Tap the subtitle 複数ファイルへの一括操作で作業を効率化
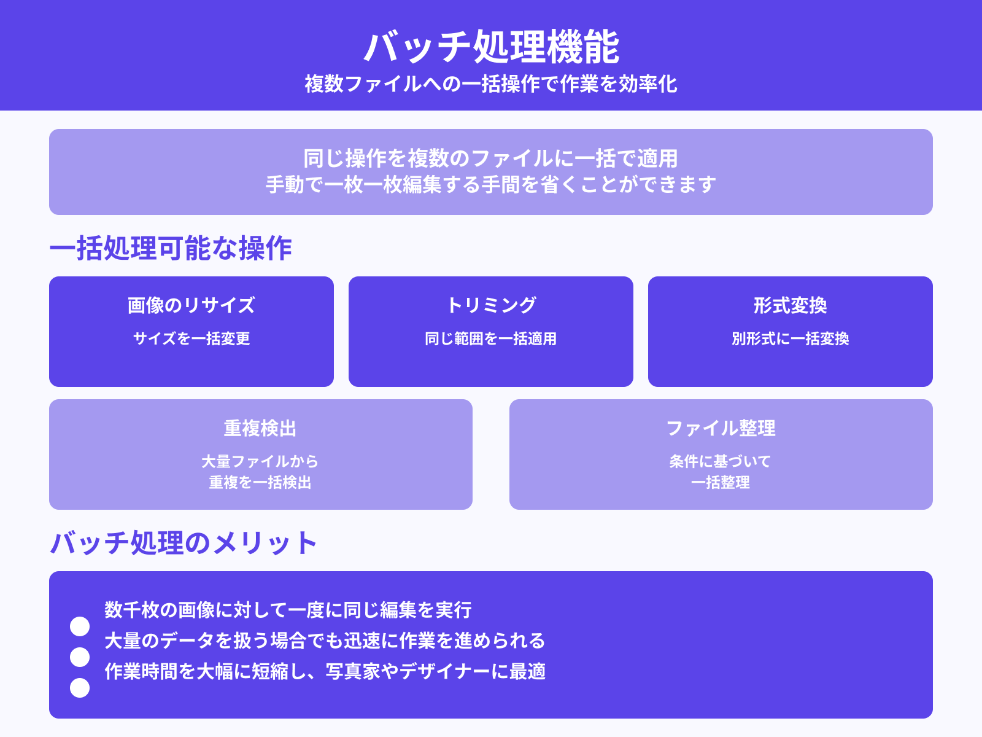click(x=491, y=84)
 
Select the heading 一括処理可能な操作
click(x=171, y=249)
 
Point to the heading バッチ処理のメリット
click(x=183, y=543)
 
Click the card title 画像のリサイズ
click(x=191, y=305)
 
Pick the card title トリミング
click(x=491, y=305)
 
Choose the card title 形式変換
click(x=791, y=305)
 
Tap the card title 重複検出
click(x=260, y=428)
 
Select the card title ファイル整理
click(x=721, y=428)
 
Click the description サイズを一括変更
click(x=191, y=338)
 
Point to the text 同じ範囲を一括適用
click(x=491, y=338)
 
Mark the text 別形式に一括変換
click(x=791, y=338)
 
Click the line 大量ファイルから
click(x=260, y=461)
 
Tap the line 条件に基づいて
click(x=721, y=461)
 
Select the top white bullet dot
click(x=80, y=626)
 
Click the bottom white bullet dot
click(x=80, y=688)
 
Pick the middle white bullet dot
click(x=80, y=657)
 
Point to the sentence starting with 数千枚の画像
click(x=288, y=610)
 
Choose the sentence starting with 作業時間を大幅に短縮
click(x=325, y=671)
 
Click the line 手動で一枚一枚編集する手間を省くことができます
click(x=491, y=184)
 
